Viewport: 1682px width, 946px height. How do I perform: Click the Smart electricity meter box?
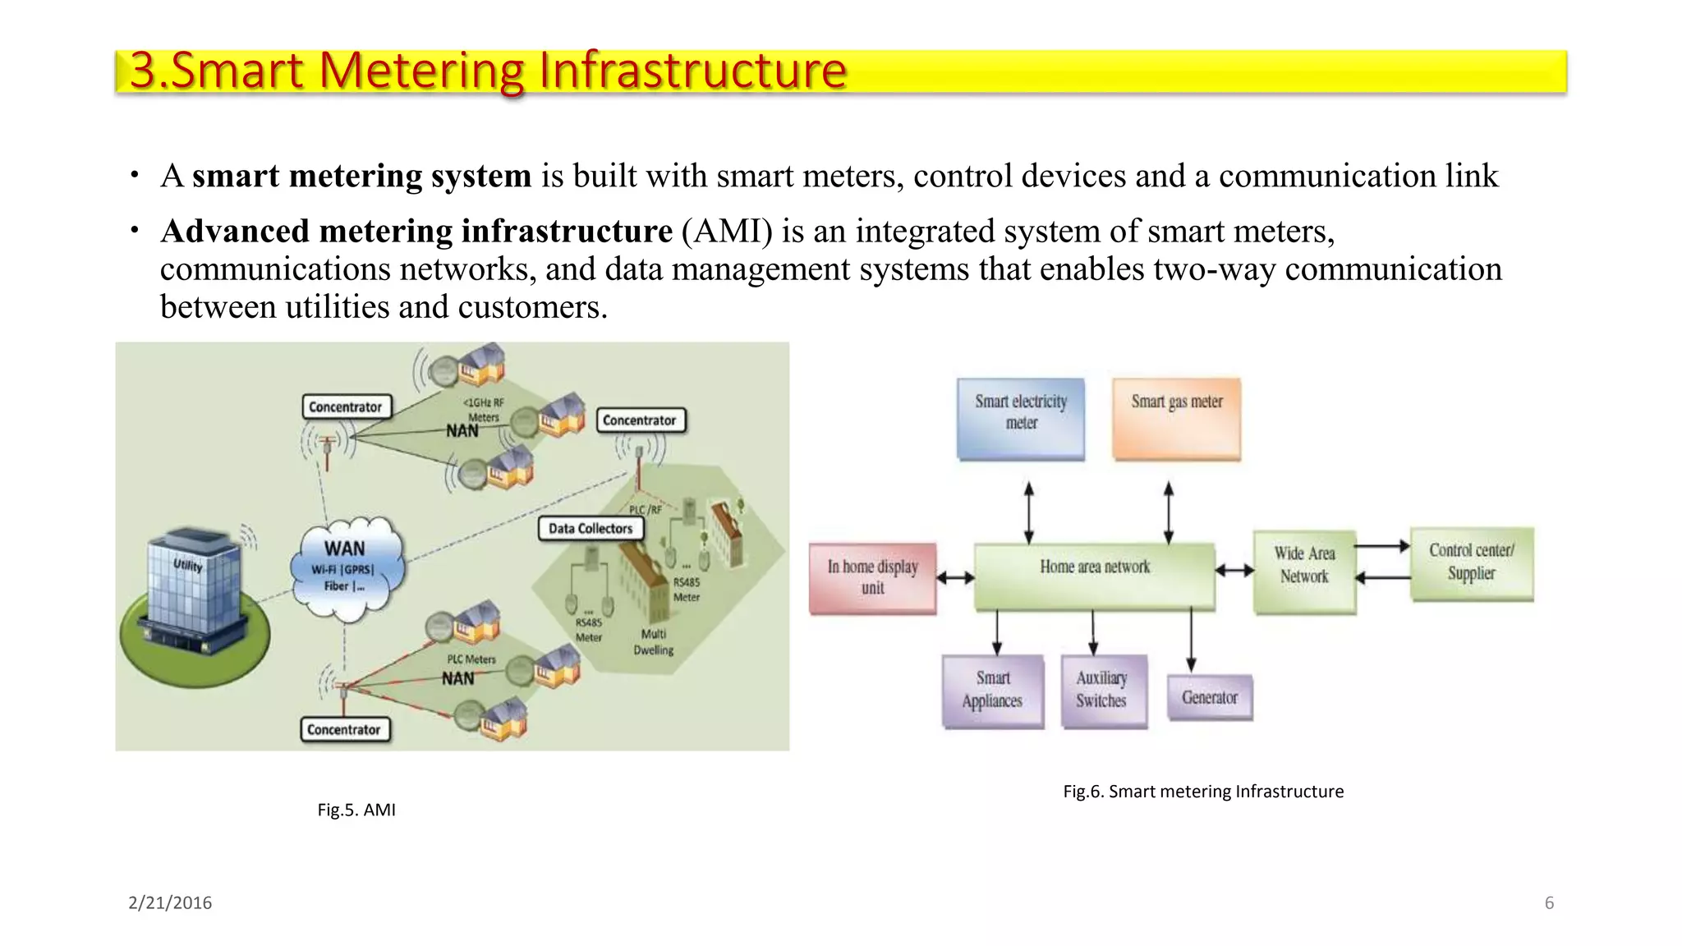(1021, 418)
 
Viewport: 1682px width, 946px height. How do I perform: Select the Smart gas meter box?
(1176, 418)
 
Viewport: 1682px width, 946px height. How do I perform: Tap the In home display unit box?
(872, 577)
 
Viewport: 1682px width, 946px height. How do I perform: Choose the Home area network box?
(1094, 576)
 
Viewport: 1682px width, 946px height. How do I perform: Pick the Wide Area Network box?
(1304, 572)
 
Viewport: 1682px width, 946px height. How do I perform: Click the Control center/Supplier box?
(1471, 563)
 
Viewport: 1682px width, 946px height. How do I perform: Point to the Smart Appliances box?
(992, 690)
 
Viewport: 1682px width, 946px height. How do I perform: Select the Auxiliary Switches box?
(1102, 690)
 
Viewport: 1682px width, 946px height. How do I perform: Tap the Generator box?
(1210, 697)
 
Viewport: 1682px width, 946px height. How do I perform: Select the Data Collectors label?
(591, 529)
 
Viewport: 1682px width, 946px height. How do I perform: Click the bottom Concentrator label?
(343, 730)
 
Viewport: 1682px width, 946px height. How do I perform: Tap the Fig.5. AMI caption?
(356, 810)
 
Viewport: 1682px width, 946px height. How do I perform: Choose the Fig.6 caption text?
(1203, 792)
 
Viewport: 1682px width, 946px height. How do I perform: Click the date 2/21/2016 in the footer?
(170, 903)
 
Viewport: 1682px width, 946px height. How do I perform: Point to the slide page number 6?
(1549, 903)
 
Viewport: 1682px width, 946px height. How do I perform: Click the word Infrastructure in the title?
(692, 71)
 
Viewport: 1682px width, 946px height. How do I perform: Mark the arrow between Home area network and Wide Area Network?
(1234, 570)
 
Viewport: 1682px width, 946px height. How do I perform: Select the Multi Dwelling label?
(654, 641)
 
